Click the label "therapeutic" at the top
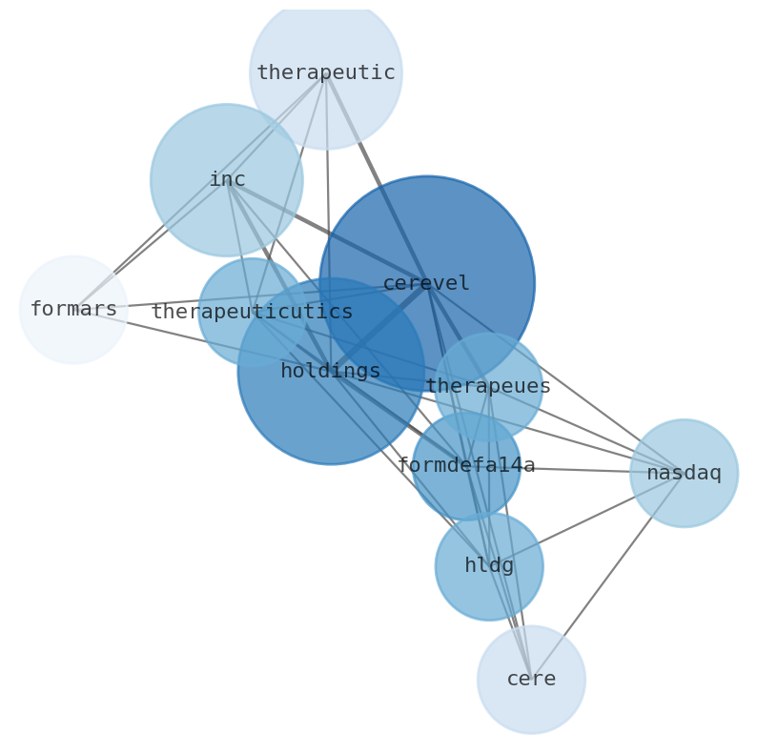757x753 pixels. (x=325, y=73)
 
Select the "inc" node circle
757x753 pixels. (x=226, y=180)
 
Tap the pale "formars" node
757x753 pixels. (x=73, y=310)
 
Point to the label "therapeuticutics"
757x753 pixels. (x=252, y=313)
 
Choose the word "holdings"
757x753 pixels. (x=330, y=372)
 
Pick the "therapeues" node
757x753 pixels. (x=488, y=387)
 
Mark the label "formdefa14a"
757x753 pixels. (x=465, y=466)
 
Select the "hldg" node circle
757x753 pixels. (x=489, y=566)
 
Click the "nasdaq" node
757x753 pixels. (x=684, y=473)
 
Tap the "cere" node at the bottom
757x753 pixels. (x=531, y=680)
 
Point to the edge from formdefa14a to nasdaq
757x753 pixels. (x=582, y=470)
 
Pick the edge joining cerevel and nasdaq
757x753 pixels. (x=563, y=382)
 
